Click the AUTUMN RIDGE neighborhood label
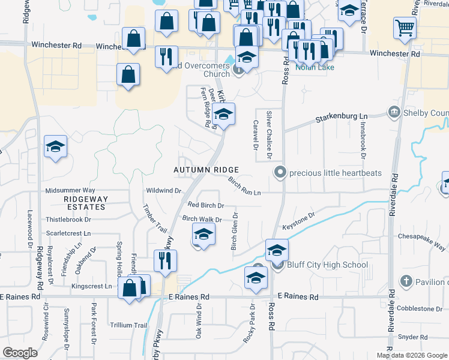click(206, 170)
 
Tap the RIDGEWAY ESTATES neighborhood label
click(85, 202)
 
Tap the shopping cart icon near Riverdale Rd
click(405, 28)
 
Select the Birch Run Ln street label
click(244, 186)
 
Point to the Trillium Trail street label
click(128, 325)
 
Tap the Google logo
click(20, 353)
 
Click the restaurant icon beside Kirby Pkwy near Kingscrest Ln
click(164, 260)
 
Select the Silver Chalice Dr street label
click(270, 135)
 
